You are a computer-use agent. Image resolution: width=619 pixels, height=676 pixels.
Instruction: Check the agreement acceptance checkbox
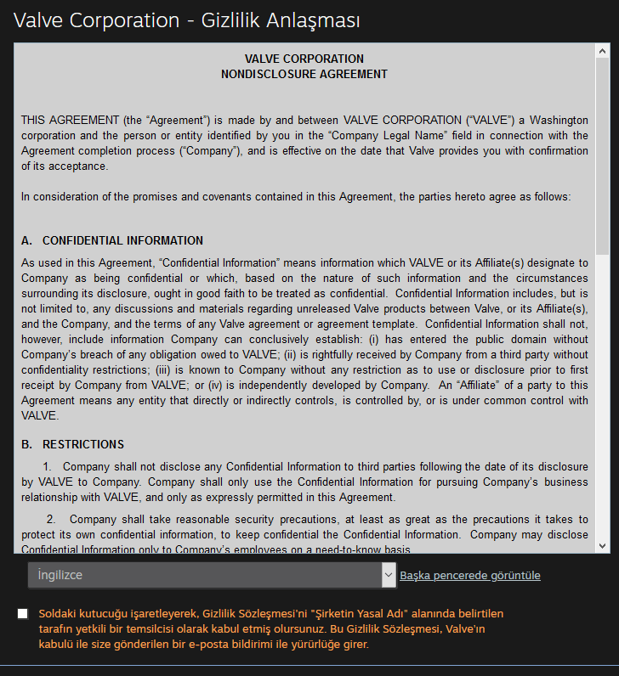pos(22,613)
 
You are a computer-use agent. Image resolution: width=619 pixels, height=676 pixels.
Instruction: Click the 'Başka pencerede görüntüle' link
pos(470,576)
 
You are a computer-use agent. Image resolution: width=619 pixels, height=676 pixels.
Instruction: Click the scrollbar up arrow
pos(603,50)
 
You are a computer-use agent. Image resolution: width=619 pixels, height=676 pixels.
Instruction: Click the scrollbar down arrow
pos(603,545)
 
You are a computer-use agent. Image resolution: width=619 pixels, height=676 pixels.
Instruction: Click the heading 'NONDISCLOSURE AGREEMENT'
pos(304,74)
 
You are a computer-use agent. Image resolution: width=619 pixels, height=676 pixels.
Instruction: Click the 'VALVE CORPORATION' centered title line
pos(304,59)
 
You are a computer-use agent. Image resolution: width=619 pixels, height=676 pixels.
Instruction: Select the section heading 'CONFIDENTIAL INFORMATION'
pos(122,240)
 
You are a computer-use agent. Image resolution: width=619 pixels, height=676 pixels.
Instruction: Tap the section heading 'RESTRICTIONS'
pos(83,444)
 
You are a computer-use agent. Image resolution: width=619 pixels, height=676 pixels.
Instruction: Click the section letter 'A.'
pos(27,240)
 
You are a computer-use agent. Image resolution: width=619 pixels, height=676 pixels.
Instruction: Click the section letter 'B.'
pos(27,444)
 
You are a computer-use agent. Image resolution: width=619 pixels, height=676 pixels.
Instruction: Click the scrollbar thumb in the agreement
pos(603,153)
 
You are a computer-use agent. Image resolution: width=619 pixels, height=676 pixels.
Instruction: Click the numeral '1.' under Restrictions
pos(48,466)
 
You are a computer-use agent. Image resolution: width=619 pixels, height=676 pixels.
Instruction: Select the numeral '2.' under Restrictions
pos(51,519)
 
